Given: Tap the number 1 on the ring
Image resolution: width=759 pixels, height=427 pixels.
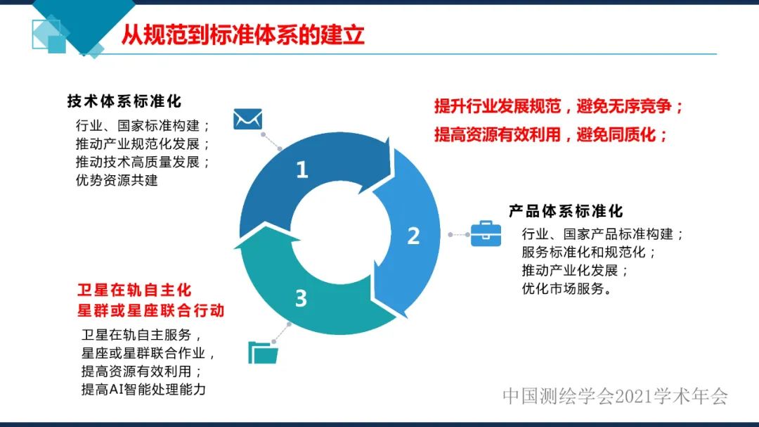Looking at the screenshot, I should tap(302, 170).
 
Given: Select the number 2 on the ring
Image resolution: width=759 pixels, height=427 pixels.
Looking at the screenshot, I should tap(413, 236).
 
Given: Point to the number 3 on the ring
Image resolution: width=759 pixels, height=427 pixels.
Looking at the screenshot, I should tap(301, 298).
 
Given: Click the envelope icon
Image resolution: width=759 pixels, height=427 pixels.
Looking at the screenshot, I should tap(247, 119).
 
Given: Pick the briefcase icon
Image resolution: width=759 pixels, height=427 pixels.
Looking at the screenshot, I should tap(486, 234).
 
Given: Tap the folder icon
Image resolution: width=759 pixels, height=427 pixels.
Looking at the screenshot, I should tap(264, 351).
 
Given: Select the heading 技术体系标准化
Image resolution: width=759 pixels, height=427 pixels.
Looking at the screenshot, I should tap(124, 101).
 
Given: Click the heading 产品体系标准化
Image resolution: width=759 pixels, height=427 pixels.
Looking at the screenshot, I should tap(566, 211).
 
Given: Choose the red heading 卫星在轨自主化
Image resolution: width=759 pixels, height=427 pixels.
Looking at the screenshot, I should tap(134, 291).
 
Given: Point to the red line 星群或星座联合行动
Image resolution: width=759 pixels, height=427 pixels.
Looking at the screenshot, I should tap(150, 310).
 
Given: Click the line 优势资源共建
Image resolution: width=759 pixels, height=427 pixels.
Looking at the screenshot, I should tap(117, 180).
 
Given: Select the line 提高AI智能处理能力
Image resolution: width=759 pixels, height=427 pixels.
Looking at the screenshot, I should tap(143, 389).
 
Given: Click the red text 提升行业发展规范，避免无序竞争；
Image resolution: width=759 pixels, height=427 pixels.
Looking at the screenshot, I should tap(559, 107).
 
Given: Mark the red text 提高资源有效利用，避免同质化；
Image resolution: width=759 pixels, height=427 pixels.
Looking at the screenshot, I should tap(551, 134).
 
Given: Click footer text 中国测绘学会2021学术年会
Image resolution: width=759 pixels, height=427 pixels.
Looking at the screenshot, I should tap(615, 396).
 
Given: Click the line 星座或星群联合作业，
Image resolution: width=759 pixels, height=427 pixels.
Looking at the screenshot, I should tap(148, 352).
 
